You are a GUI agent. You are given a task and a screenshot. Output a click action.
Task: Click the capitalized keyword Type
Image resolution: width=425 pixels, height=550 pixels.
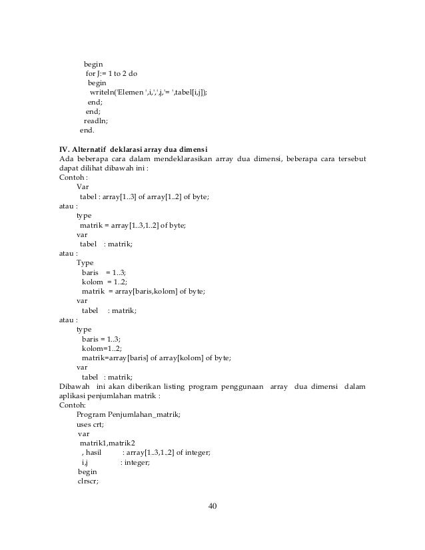85,262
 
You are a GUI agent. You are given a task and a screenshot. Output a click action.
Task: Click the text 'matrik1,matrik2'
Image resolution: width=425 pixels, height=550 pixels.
107,443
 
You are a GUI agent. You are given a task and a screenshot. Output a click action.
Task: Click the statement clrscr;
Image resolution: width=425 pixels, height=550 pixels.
89,481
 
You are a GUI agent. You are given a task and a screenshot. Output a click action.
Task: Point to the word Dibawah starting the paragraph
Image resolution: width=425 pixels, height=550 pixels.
75,387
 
